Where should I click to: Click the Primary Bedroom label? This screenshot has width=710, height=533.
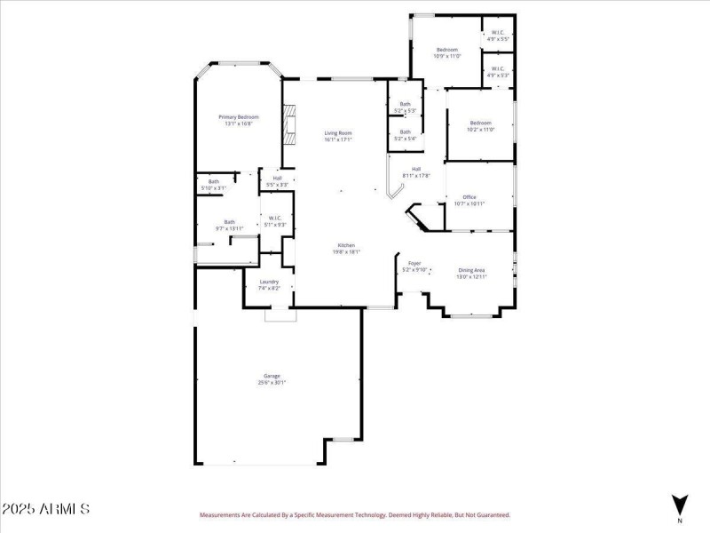point(238,121)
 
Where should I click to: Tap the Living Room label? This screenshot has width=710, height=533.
point(338,136)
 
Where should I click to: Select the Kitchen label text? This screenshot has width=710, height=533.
point(345,248)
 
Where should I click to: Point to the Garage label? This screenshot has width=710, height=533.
point(272,378)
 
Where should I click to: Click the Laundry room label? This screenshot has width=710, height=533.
point(269,285)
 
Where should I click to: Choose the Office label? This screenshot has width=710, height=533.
point(469,200)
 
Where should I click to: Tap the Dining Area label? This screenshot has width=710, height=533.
point(471,274)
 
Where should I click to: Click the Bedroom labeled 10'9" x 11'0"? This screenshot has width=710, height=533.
point(446,52)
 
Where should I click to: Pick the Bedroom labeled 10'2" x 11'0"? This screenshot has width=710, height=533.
point(480,125)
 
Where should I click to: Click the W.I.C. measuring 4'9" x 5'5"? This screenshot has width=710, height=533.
point(497,37)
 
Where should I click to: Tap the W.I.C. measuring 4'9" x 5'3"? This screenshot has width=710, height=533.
point(497,72)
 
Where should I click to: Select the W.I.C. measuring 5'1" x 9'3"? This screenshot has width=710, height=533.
point(274,221)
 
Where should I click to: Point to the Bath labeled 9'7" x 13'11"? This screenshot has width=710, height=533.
point(229,226)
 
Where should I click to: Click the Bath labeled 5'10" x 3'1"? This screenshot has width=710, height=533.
point(214,185)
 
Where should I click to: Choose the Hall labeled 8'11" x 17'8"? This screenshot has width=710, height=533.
point(415,172)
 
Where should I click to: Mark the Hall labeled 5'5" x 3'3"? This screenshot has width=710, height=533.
point(277,181)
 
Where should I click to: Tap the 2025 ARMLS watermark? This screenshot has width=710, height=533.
point(45,510)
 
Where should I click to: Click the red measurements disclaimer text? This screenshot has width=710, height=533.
point(354,514)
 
